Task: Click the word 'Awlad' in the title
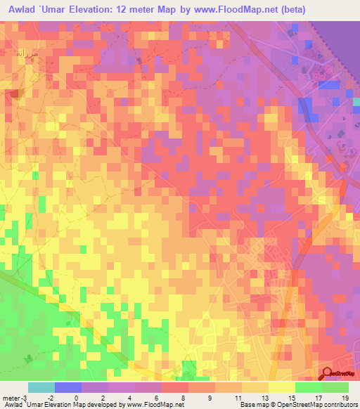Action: pos(20,11)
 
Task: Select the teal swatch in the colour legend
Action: pos(41,387)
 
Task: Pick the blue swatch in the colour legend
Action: pos(67,387)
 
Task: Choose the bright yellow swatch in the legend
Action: pos(281,387)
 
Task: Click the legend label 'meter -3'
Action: pos(15,398)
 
